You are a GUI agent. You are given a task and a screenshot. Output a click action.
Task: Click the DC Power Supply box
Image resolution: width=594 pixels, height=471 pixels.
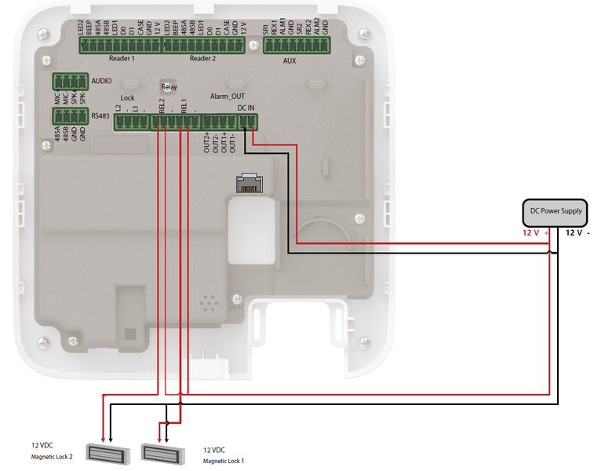pyautogui.click(x=556, y=212)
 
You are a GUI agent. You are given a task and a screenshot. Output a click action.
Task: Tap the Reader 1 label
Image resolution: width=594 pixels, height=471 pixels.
pyautogui.click(x=122, y=59)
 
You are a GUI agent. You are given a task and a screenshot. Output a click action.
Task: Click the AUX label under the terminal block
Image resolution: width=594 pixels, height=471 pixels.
pyautogui.click(x=289, y=60)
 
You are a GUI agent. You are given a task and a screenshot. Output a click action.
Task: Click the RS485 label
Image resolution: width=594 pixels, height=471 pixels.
pyautogui.click(x=100, y=116)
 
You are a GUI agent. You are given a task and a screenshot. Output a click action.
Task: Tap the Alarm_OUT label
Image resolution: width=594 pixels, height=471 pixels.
pyautogui.click(x=228, y=96)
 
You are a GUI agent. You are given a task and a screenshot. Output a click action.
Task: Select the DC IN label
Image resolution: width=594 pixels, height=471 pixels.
pyautogui.click(x=246, y=107)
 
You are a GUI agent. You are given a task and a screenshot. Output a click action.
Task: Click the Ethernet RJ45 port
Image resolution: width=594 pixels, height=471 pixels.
pyautogui.click(x=248, y=183)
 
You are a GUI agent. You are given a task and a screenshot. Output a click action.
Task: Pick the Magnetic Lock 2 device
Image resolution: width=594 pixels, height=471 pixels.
pyautogui.click(x=106, y=452)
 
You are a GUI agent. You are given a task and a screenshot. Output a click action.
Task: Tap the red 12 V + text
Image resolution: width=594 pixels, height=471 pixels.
pyautogui.click(x=536, y=233)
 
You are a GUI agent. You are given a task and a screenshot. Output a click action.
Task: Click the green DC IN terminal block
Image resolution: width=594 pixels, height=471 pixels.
pyautogui.click(x=248, y=122)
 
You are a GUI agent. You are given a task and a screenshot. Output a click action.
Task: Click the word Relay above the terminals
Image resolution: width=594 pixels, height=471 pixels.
pyautogui.click(x=169, y=86)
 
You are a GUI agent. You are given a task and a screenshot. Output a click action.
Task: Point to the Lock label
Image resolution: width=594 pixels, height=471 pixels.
pyautogui.click(x=127, y=98)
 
